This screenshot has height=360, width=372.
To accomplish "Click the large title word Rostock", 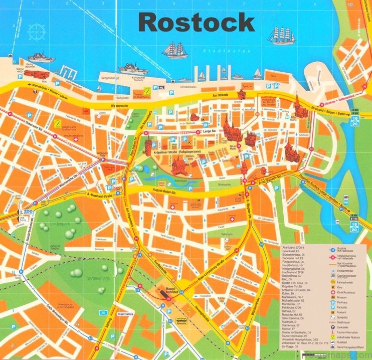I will click(197, 23).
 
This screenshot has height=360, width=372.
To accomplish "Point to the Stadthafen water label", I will click(217, 51).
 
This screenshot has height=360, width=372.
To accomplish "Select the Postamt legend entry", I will click(346, 310).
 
